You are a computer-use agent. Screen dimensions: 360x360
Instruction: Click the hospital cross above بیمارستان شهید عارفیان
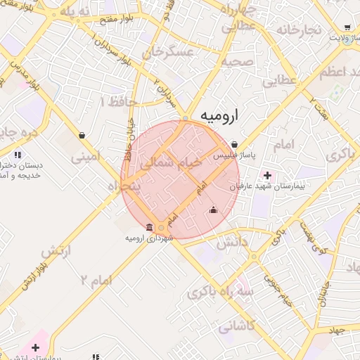coord(266,174)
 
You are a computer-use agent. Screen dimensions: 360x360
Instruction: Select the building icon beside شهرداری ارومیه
coord(149,226)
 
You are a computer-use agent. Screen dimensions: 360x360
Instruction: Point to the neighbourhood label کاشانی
coord(238,326)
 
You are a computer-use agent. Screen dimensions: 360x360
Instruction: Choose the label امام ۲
coord(96,281)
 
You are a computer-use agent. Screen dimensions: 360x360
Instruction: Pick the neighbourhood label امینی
coord(86,155)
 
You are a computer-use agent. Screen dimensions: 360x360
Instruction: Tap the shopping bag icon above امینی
coord(82,135)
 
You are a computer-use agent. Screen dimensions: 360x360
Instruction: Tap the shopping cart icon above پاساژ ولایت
coord(347,25)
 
